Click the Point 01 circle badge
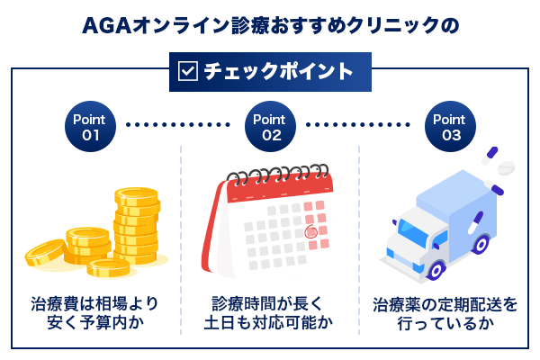pos(90,126)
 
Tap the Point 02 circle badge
pos(270,126)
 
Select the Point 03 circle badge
pos(450,126)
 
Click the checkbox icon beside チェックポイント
pos(188,71)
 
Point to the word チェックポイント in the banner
pos(279,71)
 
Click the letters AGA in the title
pos(107,26)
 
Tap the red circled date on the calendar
pos(311,231)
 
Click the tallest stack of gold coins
pos(137,226)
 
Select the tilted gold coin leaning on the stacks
pos(46,253)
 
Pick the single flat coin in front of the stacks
pos(109,267)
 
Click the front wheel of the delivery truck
pos(436,270)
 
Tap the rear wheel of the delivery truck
pos(481,244)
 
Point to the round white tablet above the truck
pos(506,167)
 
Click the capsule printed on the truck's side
pos(476,222)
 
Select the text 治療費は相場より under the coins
pos(94,304)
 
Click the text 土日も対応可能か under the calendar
pos(268,323)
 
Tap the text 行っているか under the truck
pos(445,323)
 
